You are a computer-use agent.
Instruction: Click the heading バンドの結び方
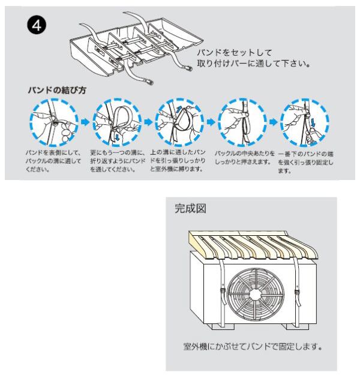[x=57, y=90]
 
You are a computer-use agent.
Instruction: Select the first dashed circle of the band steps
[x=51, y=121]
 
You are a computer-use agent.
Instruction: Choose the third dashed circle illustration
[x=176, y=121]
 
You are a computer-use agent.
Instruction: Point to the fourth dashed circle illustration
[x=239, y=121]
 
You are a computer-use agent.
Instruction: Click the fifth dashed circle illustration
[x=302, y=121]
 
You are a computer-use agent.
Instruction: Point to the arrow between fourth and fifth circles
[x=271, y=122]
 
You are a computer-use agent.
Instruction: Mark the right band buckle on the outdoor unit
[x=298, y=293]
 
